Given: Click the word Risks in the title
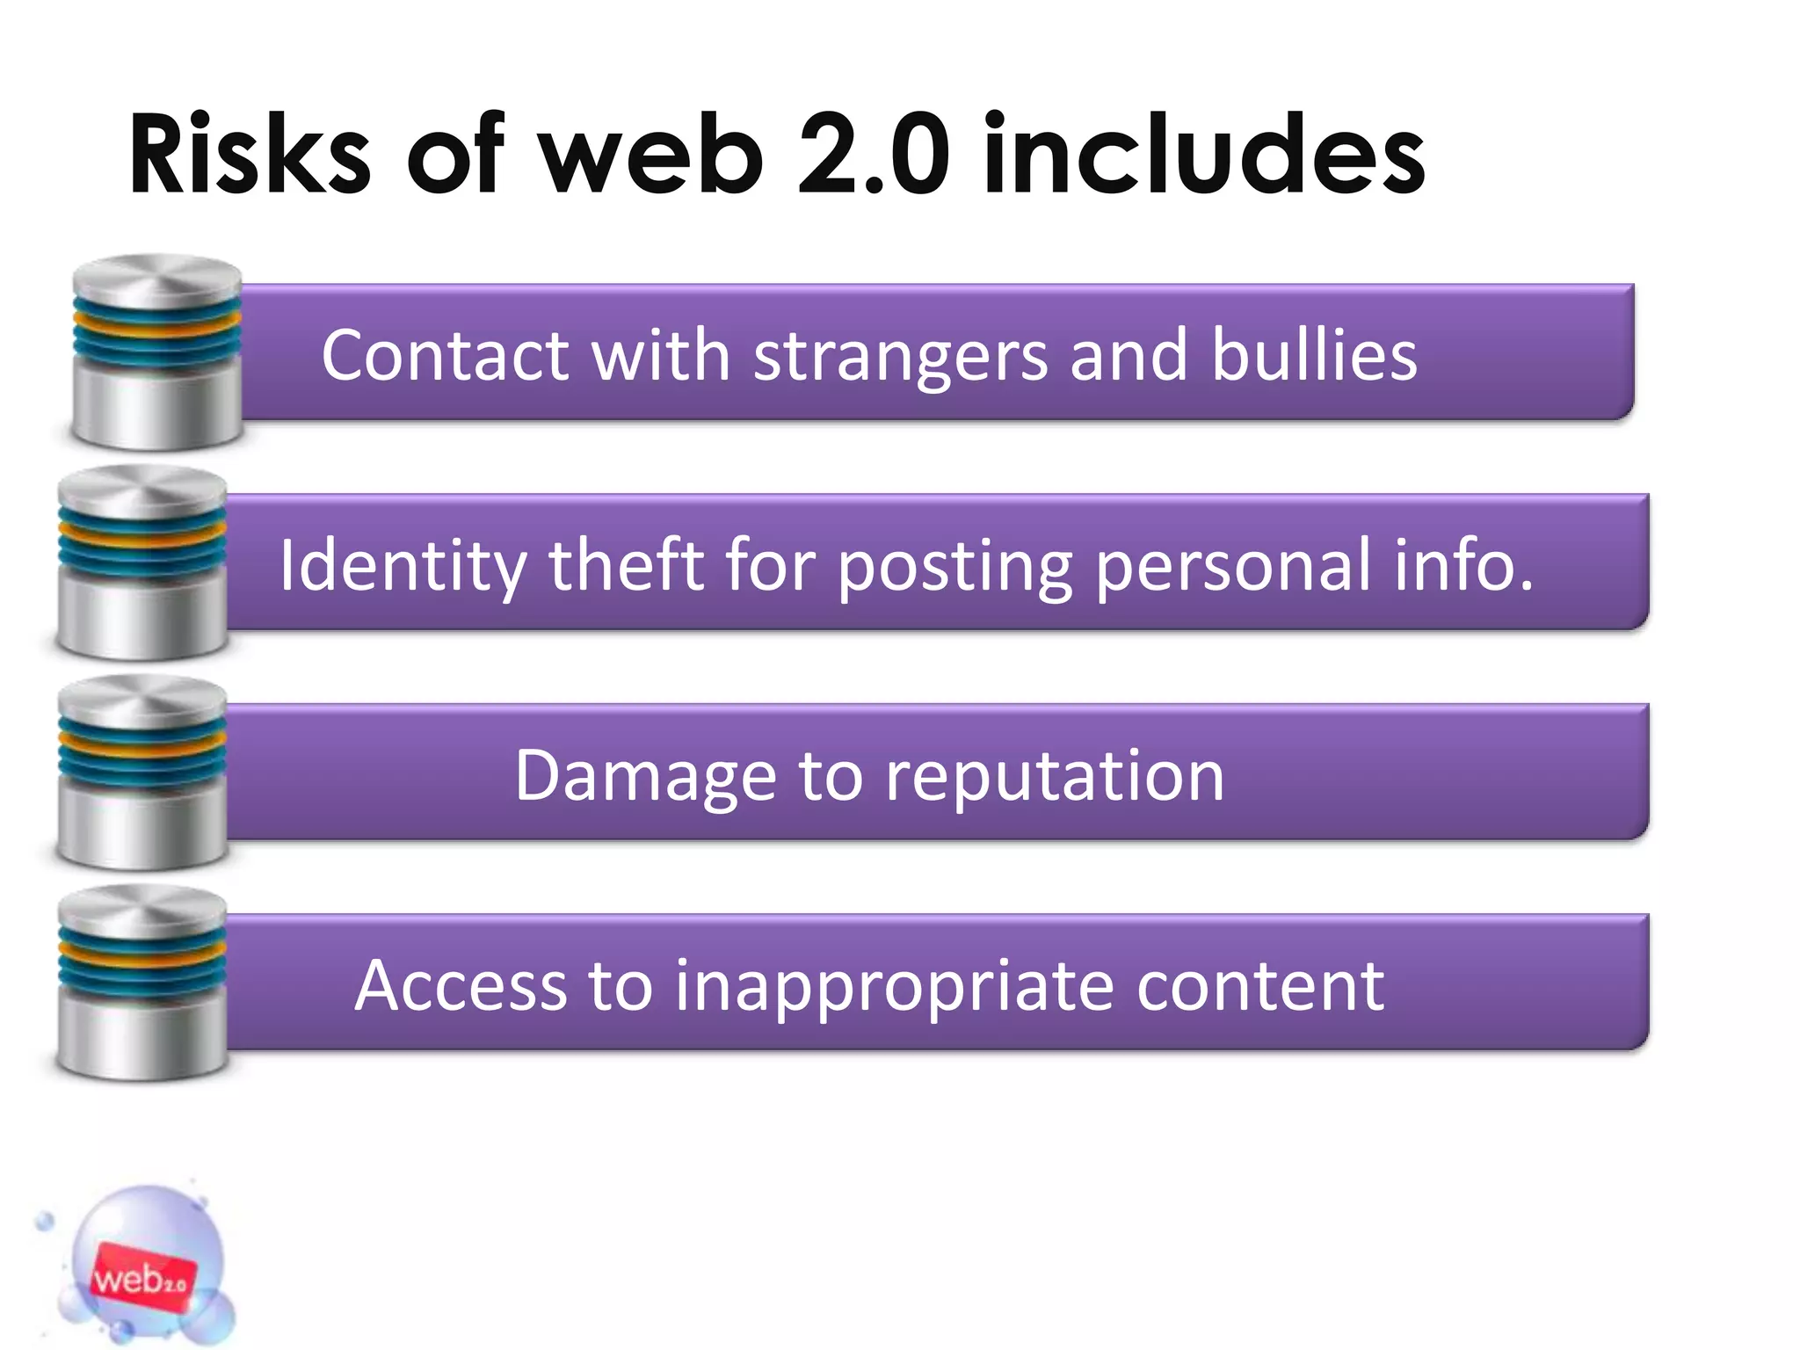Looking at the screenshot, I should click(250, 155).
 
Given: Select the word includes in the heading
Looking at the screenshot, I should click(1204, 155).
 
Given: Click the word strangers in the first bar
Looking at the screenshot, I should click(901, 357).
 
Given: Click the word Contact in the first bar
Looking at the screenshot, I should click(446, 355).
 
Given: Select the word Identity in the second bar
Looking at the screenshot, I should click(403, 566).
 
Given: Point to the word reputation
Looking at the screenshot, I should click(1055, 777).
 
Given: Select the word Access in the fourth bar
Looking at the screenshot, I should click(461, 986).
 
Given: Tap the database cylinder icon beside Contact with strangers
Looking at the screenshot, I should click(157, 352).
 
